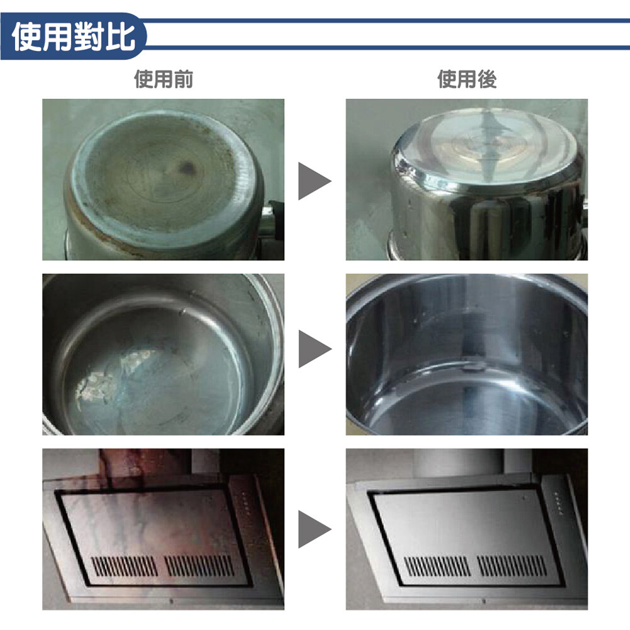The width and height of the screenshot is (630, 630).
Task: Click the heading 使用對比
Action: [74, 37]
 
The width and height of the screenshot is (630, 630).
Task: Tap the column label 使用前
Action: [164, 79]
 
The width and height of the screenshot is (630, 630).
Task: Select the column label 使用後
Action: [467, 79]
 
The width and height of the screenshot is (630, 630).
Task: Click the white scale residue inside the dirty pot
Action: [113, 375]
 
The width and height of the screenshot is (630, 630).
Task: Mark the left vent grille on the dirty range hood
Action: [125, 566]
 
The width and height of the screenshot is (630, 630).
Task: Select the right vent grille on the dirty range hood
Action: [199, 566]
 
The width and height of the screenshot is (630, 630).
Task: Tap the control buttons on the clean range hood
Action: [558, 503]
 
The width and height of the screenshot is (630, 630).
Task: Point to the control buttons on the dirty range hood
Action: [246, 503]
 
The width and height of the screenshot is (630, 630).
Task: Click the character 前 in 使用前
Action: [183, 79]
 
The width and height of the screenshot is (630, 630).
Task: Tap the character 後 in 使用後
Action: [487, 79]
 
